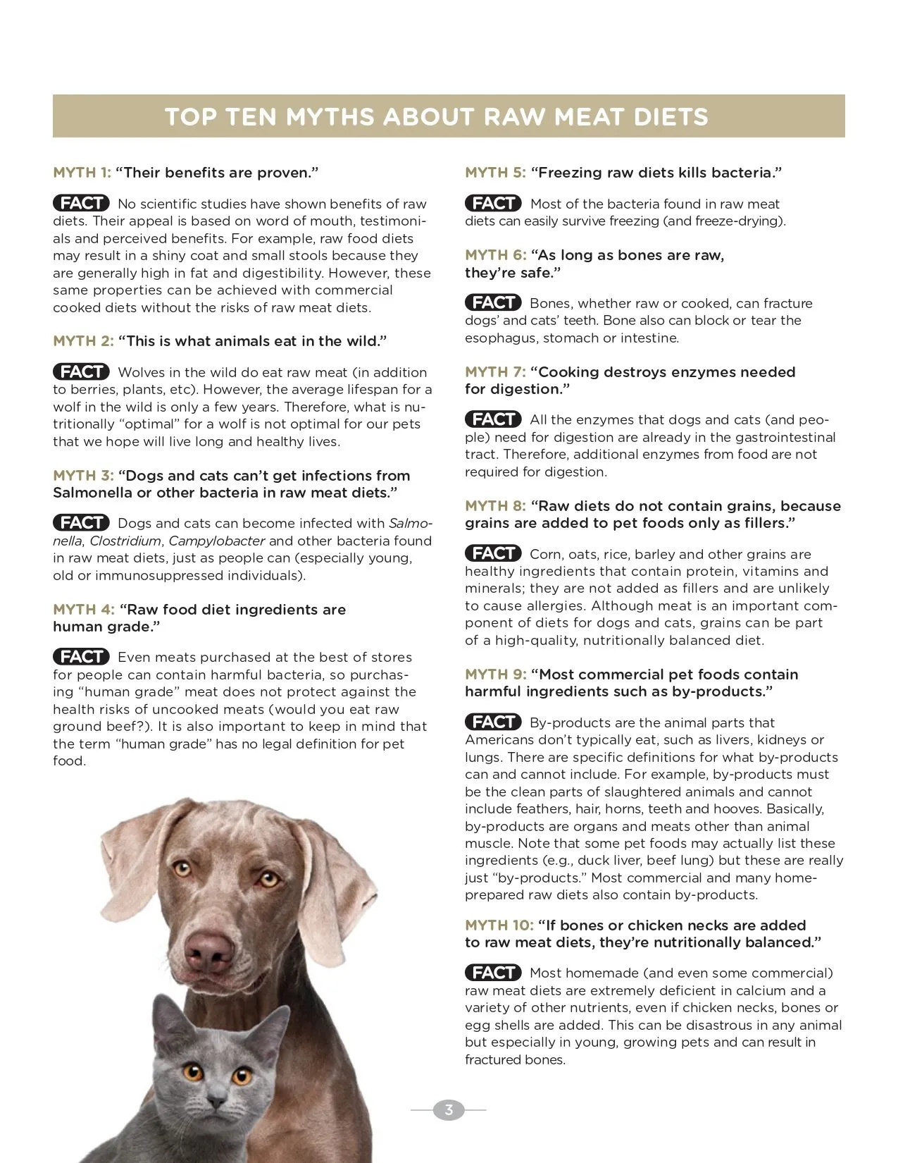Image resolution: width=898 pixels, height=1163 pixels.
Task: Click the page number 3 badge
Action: pyautogui.click(x=449, y=1110)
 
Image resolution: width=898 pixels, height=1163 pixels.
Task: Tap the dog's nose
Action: pyautogui.click(x=211, y=951)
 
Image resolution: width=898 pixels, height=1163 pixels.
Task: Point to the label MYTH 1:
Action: pyautogui.click(x=82, y=173)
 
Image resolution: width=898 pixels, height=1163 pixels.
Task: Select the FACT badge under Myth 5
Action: pyautogui.click(x=493, y=204)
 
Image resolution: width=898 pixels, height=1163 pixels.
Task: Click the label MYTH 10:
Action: pyautogui.click(x=499, y=925)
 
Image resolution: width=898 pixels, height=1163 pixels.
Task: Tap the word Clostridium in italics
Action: pyautogui.click(x=125, y=541)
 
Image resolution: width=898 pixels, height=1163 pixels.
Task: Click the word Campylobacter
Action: pyautogui.click(x=217, y=541)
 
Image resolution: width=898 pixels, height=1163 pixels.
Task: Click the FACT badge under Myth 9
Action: pyautogui.click(x=493, y=722)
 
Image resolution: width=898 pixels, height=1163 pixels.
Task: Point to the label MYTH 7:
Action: pyautogui.click(x=495, y=372)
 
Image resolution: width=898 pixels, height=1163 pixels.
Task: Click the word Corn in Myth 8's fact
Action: pyautogui.click(x=544, y=555)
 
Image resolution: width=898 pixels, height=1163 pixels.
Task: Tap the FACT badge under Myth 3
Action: pyautogui.click(x=81, y=523)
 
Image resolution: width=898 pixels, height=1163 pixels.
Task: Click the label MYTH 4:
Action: pyautogui.click(x=83, y=610)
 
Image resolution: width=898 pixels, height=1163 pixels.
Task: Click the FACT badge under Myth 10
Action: pyautogui.click(x=493, y=973)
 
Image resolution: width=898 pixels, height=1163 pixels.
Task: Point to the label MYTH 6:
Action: pyautogui.click(x=495, y=255)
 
